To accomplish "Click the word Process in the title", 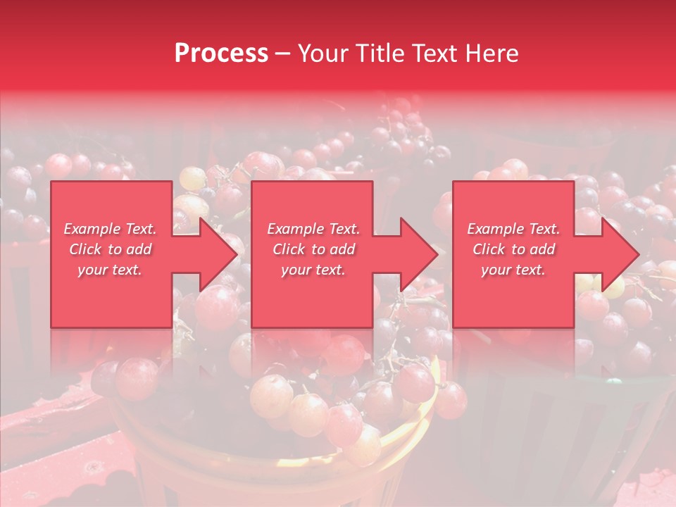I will click(x=221, y=54).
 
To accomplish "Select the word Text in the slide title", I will click(x=435, y=54).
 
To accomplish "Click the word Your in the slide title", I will click(x=323, y=54).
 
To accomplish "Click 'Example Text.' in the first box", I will click(x=111, y=229).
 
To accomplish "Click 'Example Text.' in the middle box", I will click(x=313, y=229).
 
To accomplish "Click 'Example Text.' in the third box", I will click(x=513, y=229).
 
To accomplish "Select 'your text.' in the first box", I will click(x=110, y=270).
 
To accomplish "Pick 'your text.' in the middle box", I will click(x=313, y=270).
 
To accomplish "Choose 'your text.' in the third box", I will click(x=513, y=270).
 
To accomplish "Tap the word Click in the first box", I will click(x=85, y=249).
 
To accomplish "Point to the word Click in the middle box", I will click(x=289, y=249).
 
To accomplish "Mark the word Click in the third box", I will click(x=489, y=249).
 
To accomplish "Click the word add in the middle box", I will click(x=342, y=249).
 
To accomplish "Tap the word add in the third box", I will click(x=542, y=249).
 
